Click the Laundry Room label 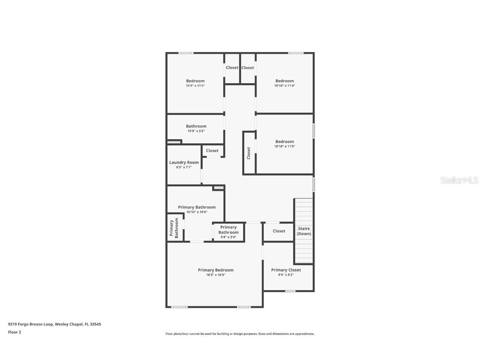point(184,162)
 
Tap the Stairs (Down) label point(304,231)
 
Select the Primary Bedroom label point(215,270)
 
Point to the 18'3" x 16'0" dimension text point(215,275)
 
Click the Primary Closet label point(286,270)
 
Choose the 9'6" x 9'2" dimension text point(286,275)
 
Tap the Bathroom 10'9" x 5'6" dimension point(196,131)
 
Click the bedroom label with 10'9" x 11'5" point(195,81)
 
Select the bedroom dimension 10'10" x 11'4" point(285,86)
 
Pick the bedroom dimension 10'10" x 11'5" point(285,146)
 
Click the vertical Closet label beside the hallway point(249,153)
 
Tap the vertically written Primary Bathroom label point(174,228)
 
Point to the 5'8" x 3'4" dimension point(228,237)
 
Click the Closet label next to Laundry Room point(212,151)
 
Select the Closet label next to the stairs point(279,231)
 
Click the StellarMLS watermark point(459,180)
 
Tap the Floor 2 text point(14,332)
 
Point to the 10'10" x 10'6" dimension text point(197,212)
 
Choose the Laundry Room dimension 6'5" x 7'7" point(184,167)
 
